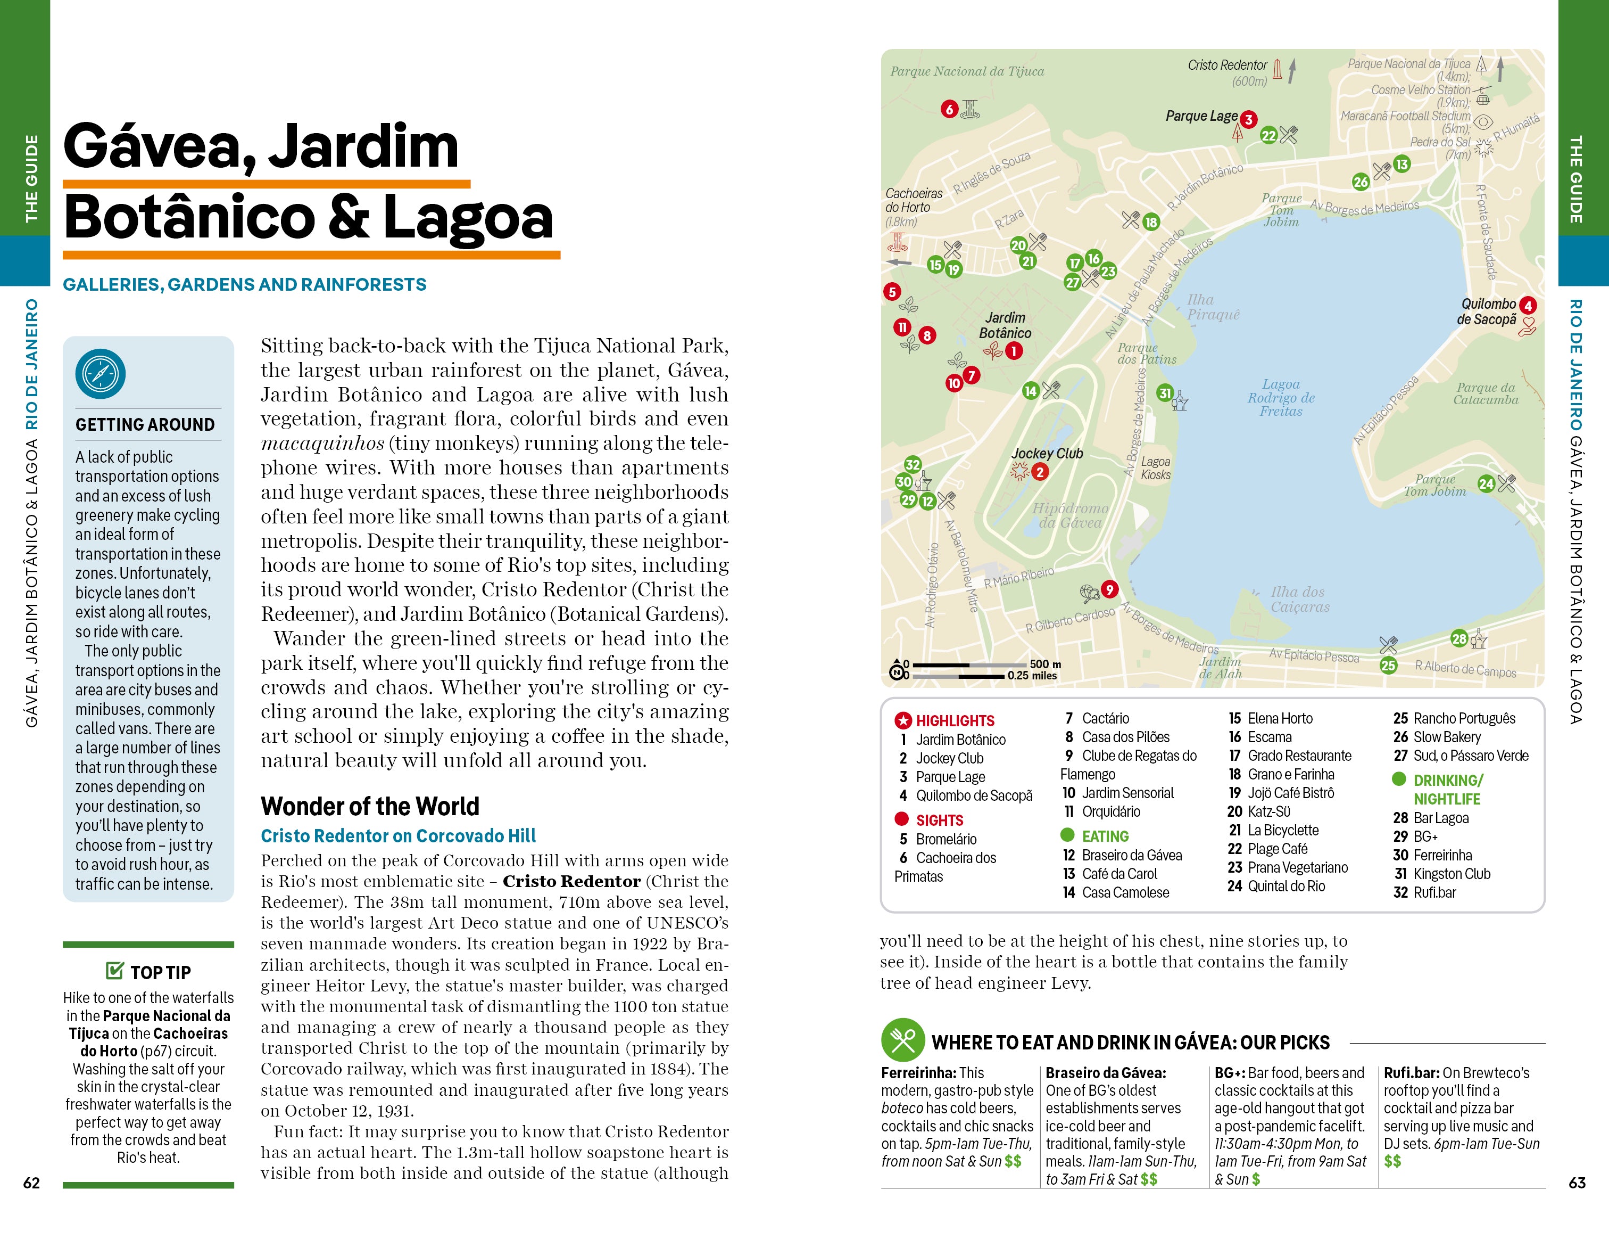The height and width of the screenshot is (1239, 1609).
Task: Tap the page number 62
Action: click(32, 1182)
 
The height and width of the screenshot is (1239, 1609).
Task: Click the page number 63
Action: click(1577, 1182)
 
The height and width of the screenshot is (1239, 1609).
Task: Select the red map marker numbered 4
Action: click(1528, 305)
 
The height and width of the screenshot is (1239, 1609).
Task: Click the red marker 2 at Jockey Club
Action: click(1040, 472)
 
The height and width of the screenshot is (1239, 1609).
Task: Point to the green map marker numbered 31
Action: click(1165, 393)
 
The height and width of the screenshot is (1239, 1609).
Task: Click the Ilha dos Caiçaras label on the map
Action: click(1299, 599)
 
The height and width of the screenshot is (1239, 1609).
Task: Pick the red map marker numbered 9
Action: click(1109, 589)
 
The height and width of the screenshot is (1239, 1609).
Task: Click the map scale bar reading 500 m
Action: click(973, 669)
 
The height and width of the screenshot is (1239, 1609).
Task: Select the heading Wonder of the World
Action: click(370, 806)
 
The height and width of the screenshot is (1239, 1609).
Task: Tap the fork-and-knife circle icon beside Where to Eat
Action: click(902, 1040)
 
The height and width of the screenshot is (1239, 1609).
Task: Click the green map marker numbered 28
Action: click(1459, 638)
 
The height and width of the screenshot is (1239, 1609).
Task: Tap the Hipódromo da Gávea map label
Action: click(1069, 515)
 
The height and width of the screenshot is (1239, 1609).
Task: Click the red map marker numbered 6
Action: click(949, 109)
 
